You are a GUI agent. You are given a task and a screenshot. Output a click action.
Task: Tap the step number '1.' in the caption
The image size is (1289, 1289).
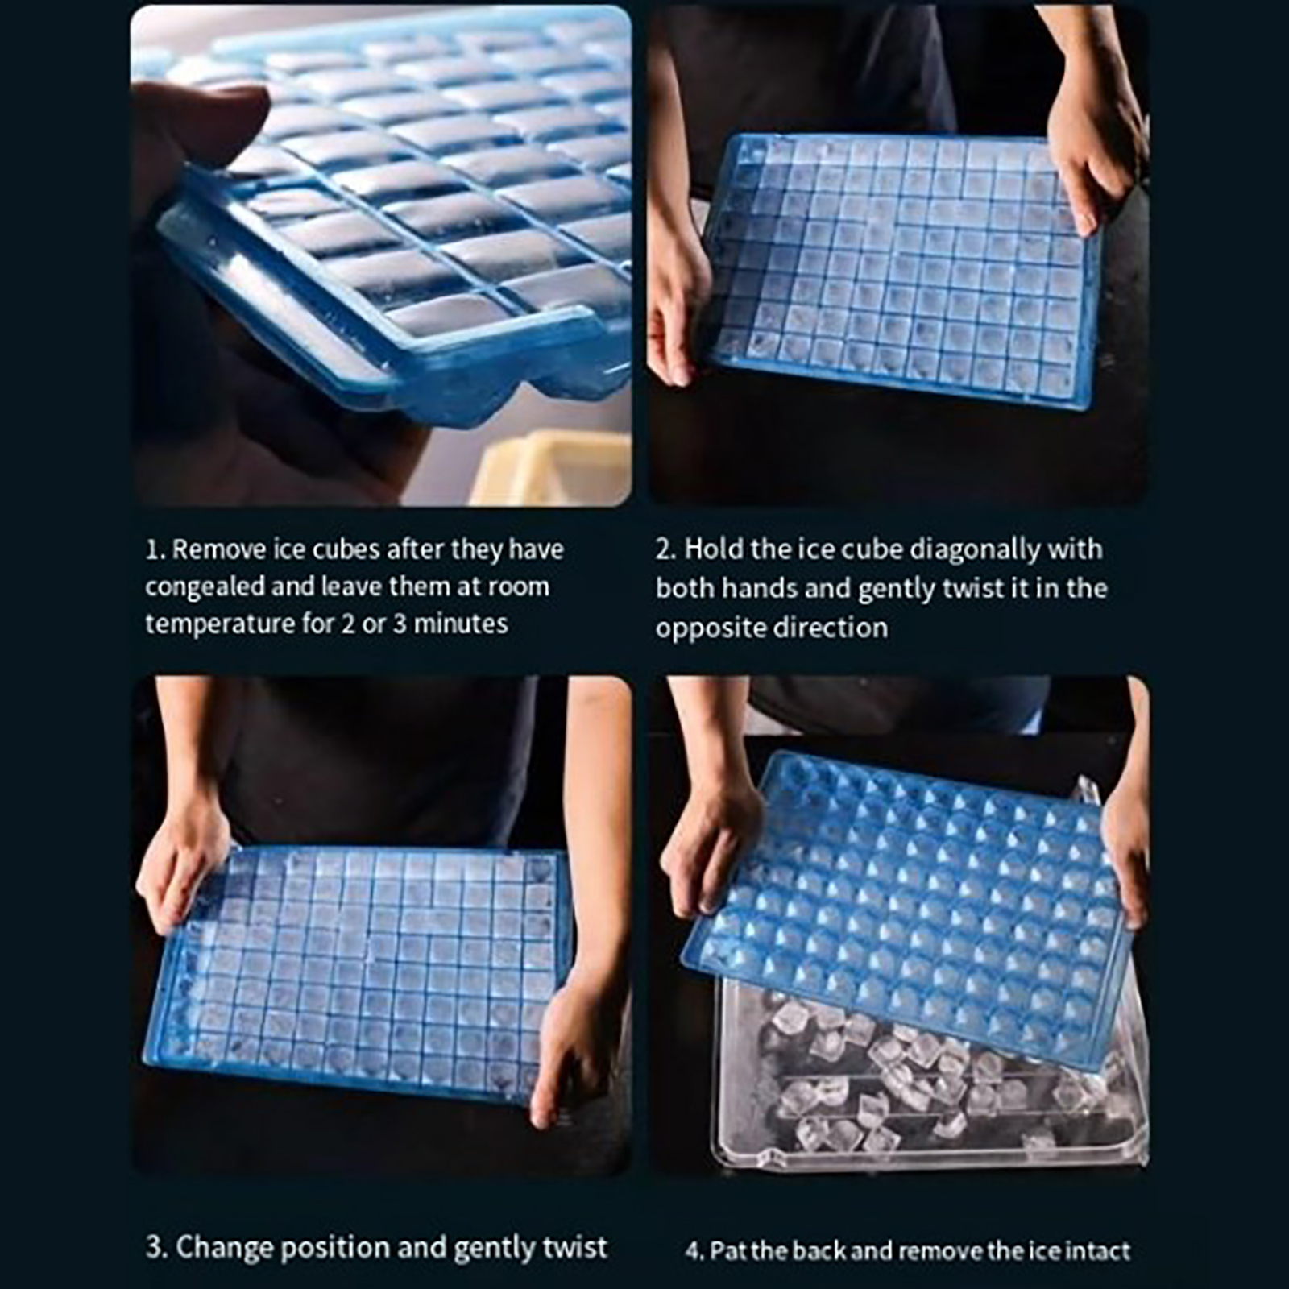click(155, 550)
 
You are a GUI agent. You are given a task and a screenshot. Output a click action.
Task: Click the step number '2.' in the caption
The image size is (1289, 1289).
click(665, 550)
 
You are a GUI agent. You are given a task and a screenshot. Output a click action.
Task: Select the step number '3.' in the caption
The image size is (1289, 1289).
click(156, 1248)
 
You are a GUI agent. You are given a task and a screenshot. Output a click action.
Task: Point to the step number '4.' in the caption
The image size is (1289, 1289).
click(694, 1252)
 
